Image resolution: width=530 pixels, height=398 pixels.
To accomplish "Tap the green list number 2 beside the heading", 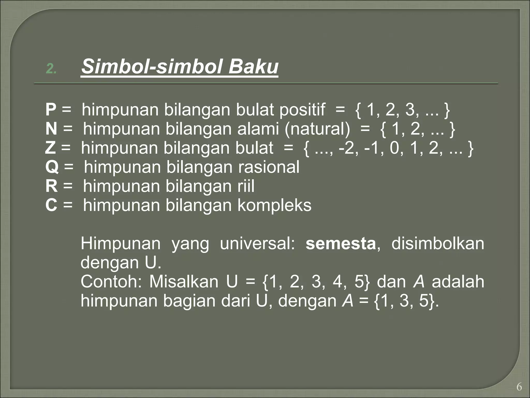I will (x=51, y=69).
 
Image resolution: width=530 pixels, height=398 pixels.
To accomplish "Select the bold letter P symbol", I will (x=51, y=110).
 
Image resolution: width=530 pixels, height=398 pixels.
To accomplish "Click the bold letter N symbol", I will (x=51, y=129).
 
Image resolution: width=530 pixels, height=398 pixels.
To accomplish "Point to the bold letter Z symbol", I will (x=50, y=148).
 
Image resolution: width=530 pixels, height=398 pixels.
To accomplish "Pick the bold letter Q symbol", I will (x=52, y=167).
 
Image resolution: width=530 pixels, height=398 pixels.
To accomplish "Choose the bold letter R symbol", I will (x=51, y=186).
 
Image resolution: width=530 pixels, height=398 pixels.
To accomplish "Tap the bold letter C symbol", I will (x=51, y=205).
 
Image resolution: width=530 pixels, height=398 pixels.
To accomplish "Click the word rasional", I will (x=269, y=167).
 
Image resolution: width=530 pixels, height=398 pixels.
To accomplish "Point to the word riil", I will (x=246, y=186).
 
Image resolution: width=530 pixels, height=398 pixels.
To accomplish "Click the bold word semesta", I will (x=341, y=244).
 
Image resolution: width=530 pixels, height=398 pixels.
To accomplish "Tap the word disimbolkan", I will (x=437, y=244).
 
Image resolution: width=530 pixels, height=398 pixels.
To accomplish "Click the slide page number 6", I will (x=519, y=387).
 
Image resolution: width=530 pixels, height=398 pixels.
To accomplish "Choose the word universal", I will (x=257, y=244).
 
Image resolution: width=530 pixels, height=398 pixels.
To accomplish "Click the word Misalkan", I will (x=184, y=282).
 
